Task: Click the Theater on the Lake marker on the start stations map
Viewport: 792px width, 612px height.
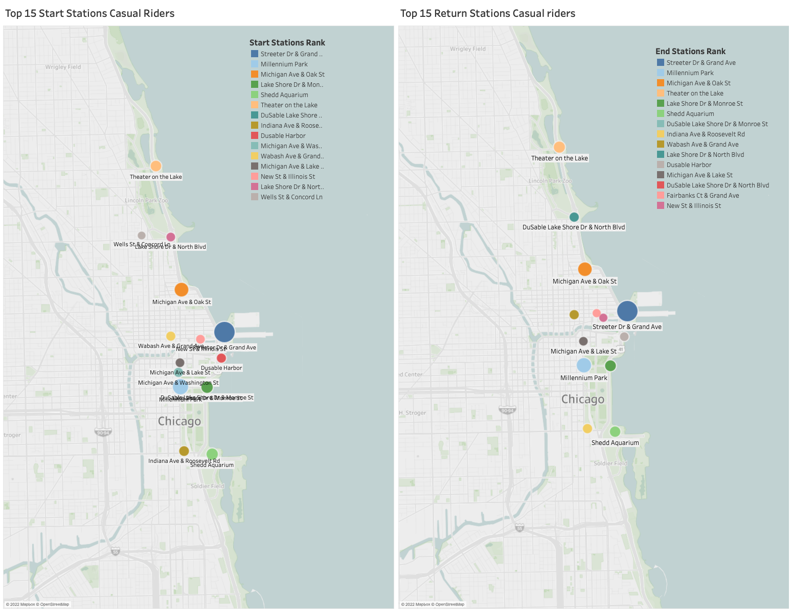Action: tap(156, 166)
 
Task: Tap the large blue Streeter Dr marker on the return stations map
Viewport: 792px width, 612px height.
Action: tap(627, 311)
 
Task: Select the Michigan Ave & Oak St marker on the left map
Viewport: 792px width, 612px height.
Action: tap(182, 290)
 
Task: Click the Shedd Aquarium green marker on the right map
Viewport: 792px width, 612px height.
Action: tap(615, 432)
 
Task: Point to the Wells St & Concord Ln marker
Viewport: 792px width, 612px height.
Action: tap(142, 236)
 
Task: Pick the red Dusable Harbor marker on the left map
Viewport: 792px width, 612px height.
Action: tap(221, 358)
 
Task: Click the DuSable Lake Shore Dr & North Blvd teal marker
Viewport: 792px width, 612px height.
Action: tap(574, 217)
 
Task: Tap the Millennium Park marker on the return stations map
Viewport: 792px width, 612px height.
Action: tap(584, 365)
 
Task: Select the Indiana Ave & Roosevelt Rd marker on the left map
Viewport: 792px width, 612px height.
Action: tap(184, 451)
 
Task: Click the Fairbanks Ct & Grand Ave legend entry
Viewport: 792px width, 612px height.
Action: tap(703, 196)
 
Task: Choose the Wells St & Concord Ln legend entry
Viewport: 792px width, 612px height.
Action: tap(291, 197)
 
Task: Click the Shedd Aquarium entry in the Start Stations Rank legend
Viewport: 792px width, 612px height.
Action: tap(284, 95)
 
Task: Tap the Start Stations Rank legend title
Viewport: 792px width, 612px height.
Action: tap(287, 43)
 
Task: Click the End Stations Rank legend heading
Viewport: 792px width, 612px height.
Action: tap(690, 52)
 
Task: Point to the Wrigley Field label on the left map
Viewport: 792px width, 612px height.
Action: tap(63, 67)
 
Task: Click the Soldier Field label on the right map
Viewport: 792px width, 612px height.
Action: tap(610, 463)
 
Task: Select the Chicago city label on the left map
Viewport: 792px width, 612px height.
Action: tap(179, 421)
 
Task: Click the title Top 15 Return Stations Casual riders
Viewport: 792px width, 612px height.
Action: tap(487, 14)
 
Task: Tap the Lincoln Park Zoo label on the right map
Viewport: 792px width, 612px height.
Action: tap(550, 181)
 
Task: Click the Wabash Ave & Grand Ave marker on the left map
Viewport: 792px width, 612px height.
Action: tap(171, 336)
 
